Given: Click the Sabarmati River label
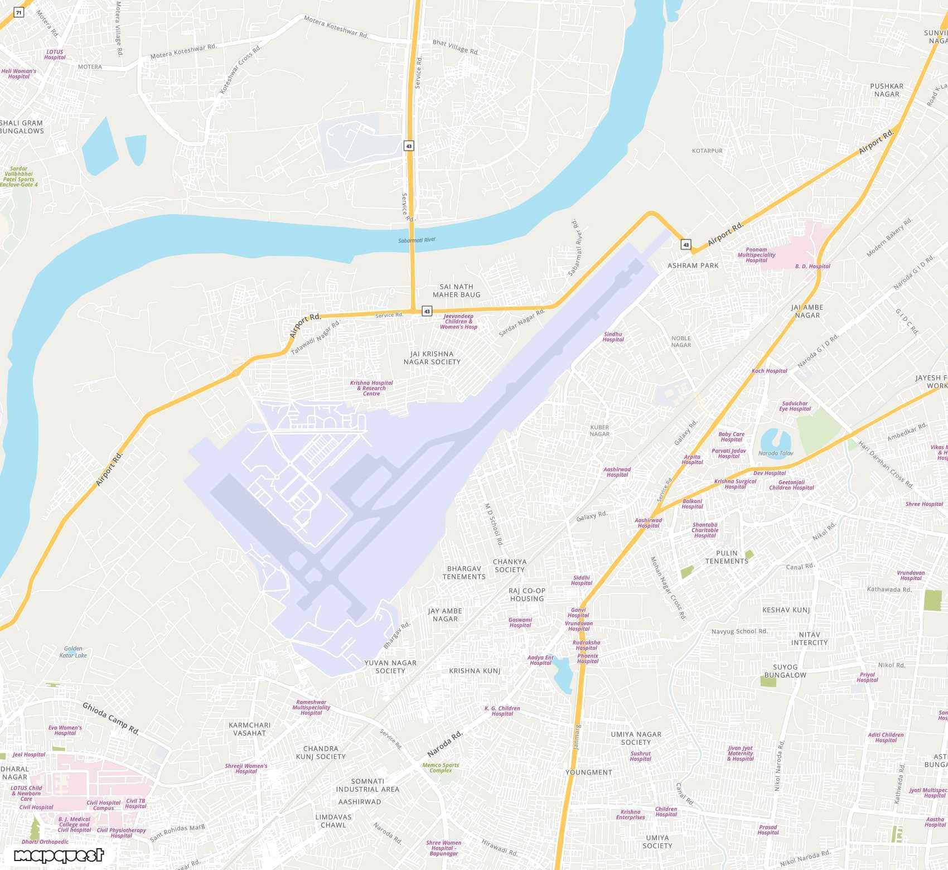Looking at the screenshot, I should [417, 240].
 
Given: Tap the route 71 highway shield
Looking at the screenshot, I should [18, 12].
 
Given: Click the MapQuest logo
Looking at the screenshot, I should [59, 855].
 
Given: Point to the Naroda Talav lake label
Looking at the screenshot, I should [775, 453].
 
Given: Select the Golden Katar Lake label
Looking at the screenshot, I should [73, 652].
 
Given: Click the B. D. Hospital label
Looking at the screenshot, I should [812, 267].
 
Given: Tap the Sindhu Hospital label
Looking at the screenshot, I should [613, 337].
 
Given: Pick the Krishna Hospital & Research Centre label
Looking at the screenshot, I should [371, 388].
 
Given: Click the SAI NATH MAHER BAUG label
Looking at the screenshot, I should [456, 291].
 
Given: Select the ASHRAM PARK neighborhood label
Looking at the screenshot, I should [693, 265].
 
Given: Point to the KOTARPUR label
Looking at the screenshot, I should [707, 151].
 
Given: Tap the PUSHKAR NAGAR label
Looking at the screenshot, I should [887, 90].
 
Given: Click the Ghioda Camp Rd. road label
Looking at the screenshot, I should [110, 718].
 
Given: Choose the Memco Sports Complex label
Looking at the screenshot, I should [441, 768].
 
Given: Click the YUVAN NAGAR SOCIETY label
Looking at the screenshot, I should [390, 666].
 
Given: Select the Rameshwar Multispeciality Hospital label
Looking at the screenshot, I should [311, 707].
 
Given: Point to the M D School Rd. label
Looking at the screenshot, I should [494, 524].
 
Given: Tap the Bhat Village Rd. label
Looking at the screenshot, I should [456, 47].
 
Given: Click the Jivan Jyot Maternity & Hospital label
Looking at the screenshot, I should [741, 753].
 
